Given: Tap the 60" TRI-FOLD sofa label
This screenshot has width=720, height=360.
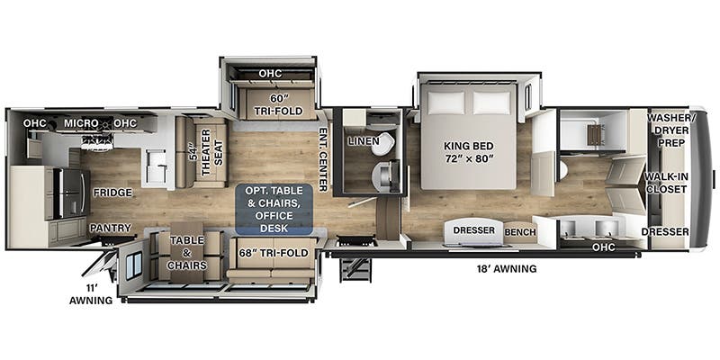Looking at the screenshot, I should coord(276,103).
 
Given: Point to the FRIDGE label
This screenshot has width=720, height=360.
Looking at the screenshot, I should coord(112,192).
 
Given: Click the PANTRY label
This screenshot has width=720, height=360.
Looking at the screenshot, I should coord(110,228).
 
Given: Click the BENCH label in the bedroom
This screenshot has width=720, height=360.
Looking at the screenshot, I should coord(519,232).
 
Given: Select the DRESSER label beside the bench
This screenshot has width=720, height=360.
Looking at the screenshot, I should coord(472,229).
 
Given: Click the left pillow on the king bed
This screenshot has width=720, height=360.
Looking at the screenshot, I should coord(445,102).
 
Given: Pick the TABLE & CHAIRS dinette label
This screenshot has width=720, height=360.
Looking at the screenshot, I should coord(186,252).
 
